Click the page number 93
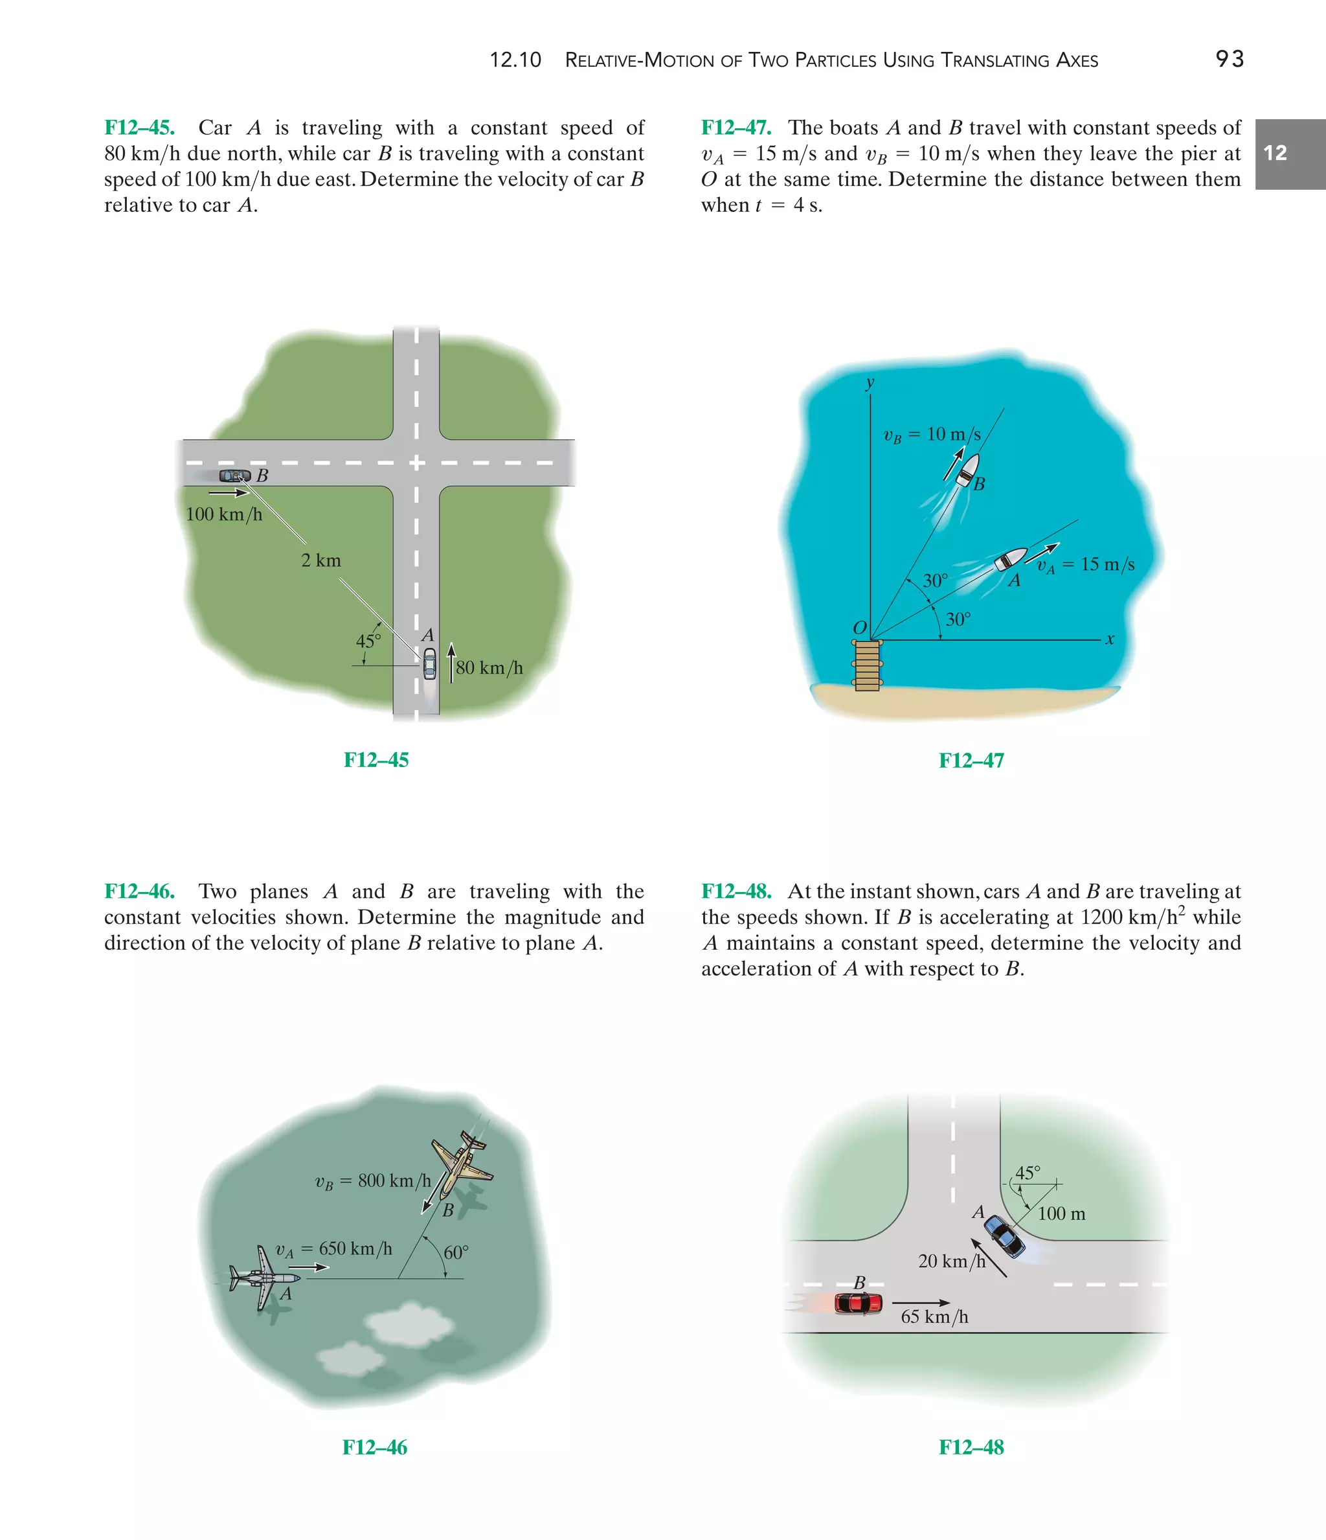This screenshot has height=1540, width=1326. [1230, 59]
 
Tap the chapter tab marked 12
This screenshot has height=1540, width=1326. [1290, 154]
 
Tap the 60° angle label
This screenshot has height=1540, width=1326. [455, 1252]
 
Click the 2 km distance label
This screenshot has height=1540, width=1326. [321, 560]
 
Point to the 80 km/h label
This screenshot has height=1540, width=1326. [489, 667]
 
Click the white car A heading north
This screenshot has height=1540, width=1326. [429, 663]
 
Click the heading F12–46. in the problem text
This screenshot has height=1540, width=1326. [140, 891]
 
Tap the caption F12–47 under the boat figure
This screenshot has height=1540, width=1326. [971, 761]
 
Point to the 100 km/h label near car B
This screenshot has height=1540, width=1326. [223, 514]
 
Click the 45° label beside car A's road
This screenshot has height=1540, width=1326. [368, 641]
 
